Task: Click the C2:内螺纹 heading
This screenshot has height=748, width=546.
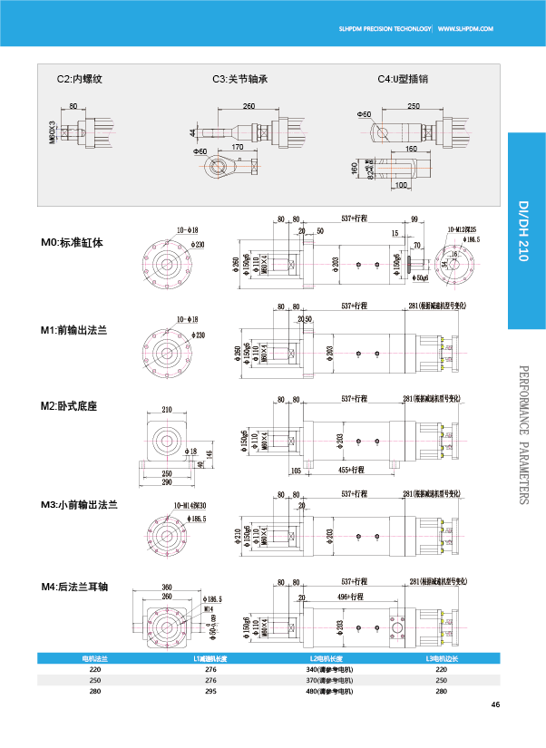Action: [80, 79]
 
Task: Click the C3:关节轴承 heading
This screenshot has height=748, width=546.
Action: [240, 79]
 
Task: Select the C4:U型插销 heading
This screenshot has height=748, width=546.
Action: [403, 79]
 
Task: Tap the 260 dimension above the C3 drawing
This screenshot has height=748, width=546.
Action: [249, 106]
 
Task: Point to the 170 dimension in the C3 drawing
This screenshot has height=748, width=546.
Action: [238, 147]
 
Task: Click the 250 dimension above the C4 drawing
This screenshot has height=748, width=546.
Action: [414, 106]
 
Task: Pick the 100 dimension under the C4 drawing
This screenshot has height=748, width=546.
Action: [401, 185]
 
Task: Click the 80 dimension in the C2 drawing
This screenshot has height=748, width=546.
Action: [73, 106]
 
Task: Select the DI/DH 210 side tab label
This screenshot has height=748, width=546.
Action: [523, 230]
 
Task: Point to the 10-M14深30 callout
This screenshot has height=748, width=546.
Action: [190, 506]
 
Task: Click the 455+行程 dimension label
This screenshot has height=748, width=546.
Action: [352, 470]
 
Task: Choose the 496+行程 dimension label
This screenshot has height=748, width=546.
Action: [352, 597]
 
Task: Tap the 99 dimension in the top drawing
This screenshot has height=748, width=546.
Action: [414, 219]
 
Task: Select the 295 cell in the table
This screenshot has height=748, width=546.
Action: [210, 691]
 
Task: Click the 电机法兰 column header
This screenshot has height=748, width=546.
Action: [94, 658]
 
